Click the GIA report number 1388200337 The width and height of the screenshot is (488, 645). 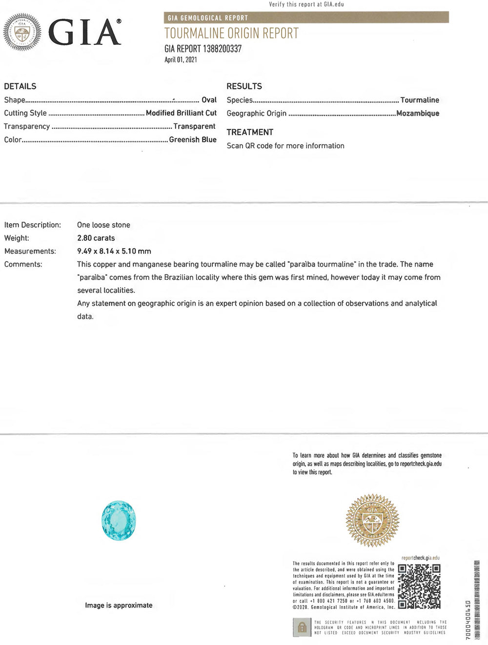click(203, 49)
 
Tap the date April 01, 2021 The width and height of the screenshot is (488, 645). click(181, 60)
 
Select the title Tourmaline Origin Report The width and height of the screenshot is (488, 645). click(231, 34)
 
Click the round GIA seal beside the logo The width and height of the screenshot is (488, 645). click(22, 32)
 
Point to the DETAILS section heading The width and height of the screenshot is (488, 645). click(20, 86)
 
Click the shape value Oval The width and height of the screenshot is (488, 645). click(209, 100)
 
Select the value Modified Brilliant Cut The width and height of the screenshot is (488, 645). click(181, 113)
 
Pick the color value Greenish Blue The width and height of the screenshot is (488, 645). click(193, 140)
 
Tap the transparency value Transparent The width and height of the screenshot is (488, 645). click(194, 126)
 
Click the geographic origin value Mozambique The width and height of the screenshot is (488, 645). click(418, 113)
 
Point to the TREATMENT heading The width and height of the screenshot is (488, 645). click(250, 132)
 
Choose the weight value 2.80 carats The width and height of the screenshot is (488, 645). click(96, 238)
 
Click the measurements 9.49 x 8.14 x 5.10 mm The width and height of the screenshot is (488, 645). click(114, 251)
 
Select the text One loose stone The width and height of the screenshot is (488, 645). click(103, 225)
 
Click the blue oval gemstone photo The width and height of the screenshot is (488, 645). click(119, 520)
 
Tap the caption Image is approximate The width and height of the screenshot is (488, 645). click(119, 605)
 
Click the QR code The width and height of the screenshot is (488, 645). click(419, 586)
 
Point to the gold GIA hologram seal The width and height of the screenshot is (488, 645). click(372, 520)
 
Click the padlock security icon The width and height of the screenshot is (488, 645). click(302, 627)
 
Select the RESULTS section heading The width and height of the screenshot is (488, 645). click(244, 86)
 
